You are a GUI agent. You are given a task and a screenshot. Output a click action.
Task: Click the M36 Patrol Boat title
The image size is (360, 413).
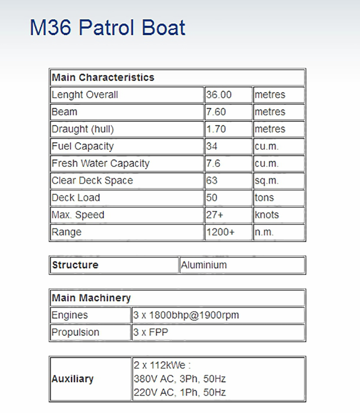coord(108,27)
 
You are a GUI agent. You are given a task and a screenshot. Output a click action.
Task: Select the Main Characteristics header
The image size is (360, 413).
coord(103,78)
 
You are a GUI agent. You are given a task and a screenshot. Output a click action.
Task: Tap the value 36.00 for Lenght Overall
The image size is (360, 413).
coord(219,95)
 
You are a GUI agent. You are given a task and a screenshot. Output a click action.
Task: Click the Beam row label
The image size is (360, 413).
coord(65,112)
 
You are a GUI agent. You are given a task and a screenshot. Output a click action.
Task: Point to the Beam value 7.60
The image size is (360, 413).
coord(216,112)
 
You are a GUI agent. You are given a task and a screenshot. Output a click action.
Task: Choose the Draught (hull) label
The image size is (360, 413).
coord(83,129)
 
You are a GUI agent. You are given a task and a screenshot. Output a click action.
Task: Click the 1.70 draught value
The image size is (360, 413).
coord(216,129)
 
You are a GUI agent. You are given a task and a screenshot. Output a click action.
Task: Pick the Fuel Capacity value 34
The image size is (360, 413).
coord(212,146)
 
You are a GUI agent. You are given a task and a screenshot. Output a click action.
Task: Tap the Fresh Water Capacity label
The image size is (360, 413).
coord(101,164)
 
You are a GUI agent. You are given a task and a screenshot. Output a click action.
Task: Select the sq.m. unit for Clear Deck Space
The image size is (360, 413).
coord(267,180)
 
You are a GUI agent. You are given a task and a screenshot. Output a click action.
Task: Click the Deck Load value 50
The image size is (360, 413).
coord(212,198)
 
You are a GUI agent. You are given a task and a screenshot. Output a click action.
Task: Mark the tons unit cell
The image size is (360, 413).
coord(265,198)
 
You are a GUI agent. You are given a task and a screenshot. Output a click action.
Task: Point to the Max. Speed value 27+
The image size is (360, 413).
coord(214,215)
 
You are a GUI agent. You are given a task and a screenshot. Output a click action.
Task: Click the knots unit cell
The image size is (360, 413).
coord(267,215)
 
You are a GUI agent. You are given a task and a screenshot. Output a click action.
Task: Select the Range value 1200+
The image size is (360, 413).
coord(220,232)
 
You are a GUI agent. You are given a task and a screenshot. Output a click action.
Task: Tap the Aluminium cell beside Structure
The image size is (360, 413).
coord(204,265)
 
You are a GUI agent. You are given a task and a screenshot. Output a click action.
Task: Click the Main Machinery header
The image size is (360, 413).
coord(91,298)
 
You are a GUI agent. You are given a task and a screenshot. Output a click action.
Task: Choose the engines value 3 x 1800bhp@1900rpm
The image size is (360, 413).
coord(186,315)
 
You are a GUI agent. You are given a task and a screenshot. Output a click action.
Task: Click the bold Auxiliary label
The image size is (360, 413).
coord(72,379)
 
